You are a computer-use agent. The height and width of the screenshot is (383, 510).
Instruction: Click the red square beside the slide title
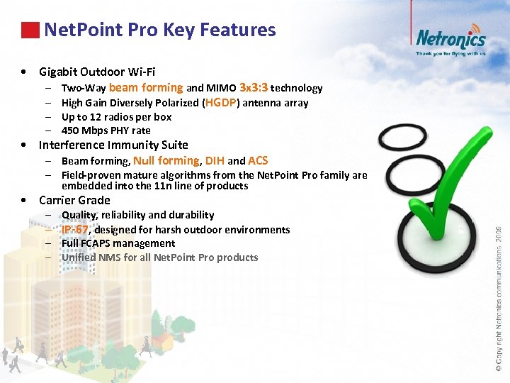(x=30, y=30)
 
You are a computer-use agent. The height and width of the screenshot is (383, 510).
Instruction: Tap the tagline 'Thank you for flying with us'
(x=450, y=53)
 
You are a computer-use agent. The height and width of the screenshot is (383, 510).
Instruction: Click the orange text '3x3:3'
(x=254, y=87)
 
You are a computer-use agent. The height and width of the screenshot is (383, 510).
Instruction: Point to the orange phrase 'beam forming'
(x=146, y=87)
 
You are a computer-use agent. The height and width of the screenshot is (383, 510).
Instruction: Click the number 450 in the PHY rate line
(x=70, y=131)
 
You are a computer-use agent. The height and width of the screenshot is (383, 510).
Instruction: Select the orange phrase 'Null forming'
(x=166, y=160)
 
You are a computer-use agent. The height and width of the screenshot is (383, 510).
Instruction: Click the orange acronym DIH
(x=215, y=160)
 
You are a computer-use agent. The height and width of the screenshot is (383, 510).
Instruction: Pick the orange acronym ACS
(x=258, y=160)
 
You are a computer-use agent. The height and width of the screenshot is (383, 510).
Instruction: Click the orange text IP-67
(x=75, y=229)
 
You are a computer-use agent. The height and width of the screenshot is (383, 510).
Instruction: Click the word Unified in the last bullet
(x=79, y=257)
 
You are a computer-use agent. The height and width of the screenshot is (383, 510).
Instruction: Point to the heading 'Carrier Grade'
(x=74, y=200)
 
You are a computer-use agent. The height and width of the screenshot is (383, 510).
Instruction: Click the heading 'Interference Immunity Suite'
(x=113, y=145)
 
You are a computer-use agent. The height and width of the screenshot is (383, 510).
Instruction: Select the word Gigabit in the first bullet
(x=59, y=72)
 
